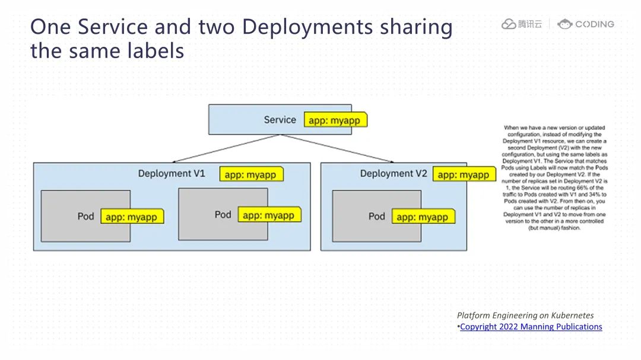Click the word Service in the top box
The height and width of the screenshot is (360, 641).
(x=280, y=120)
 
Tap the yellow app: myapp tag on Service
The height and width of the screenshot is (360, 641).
(x=335, y=120)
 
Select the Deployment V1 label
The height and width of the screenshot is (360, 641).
(x=172, y=174)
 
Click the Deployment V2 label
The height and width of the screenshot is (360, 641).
(x=394, y=174)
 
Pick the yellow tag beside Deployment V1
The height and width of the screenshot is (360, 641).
(x=250, y=175)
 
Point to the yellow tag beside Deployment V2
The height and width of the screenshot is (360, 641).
(x=463, y=175)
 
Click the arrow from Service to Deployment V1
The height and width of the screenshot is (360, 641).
(x=226, y=148)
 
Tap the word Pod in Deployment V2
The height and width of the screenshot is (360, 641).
(x=377, y=216)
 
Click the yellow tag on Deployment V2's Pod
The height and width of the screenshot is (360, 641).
(x=422, y=217)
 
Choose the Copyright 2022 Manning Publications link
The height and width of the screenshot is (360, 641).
(x=531, y=327)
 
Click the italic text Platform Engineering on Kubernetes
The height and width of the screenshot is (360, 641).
(x=525, y=316)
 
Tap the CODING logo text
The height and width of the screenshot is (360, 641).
(x=594, y=24)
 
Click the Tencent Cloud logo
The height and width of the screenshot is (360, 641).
(x=522, y=24)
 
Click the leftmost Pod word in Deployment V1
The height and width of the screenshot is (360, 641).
(x=86, y=216)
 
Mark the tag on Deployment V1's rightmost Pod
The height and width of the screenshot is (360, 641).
(x=268, y=215)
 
